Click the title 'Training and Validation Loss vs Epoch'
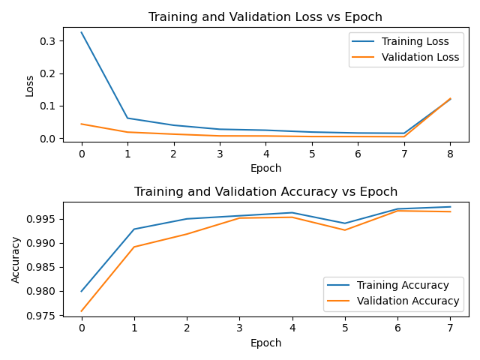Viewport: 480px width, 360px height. pos(265,17)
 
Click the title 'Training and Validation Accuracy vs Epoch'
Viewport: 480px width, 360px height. pos(265,192)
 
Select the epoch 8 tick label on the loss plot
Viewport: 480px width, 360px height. pos(450,154)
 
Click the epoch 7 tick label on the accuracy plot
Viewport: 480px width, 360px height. pos(450,328)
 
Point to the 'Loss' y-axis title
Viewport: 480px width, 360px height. pos(30,85)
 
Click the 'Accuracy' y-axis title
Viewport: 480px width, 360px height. pos(16,259)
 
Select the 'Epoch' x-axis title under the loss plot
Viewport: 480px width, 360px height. pos(265,168)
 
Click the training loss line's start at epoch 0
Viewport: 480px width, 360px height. pos(82,32)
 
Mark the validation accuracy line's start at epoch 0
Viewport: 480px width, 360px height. pos(82,310)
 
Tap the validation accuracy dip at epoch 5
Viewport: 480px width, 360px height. pos(345,229)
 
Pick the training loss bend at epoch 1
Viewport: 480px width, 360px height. pos(127,118)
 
